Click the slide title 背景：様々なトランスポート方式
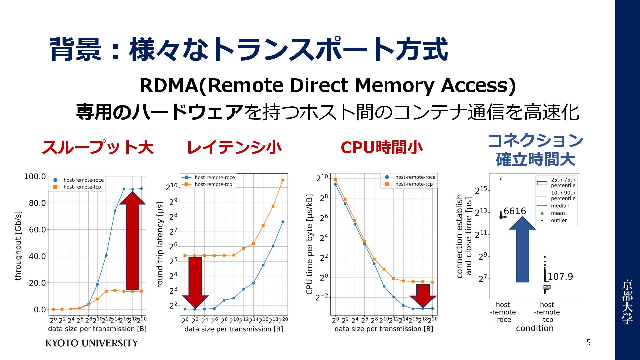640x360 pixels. [248, 50]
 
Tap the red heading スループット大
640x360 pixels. [97, 147]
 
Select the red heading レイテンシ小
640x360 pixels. [234, 147]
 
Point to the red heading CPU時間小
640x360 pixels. [381, 147]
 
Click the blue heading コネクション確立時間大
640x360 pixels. [535, 150]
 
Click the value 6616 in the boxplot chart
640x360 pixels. [515, 211]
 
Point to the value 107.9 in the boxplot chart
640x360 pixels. [560, 277]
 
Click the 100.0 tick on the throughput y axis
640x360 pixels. [35, 176]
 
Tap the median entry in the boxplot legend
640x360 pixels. [560, 206]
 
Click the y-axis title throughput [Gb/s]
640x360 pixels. [18, 246]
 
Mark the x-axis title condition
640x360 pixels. [535, 328]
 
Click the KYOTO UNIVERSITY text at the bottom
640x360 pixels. [92, 343]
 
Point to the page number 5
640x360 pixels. [588, 343]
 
